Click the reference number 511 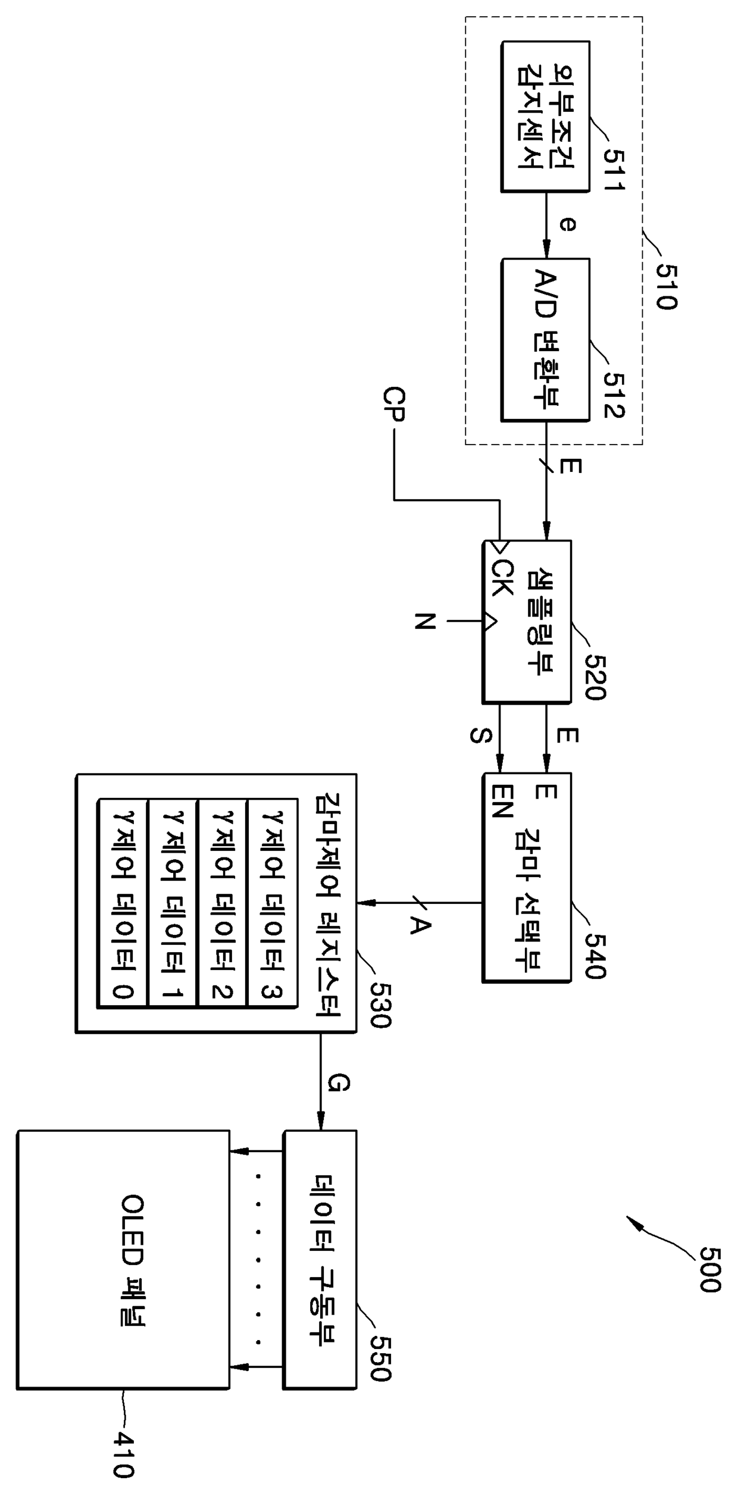tap(614, 168)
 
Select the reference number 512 tap(614, 395)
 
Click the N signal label tap(425, 621)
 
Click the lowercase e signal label tap(569, 224)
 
